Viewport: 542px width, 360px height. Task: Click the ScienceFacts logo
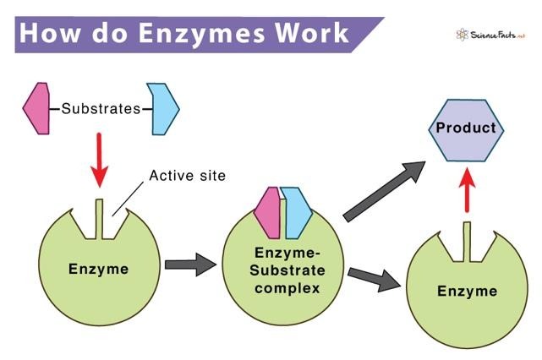[490, 35]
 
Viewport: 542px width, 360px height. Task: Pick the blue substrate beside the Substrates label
[162, 108]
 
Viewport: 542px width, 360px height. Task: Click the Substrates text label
[100, 109]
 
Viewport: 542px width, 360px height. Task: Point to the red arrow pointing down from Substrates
[100, 161]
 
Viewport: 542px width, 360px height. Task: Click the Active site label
[187, 177]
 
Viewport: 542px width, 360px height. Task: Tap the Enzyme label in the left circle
[99, 270]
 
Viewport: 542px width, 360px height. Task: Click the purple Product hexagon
[464, 129]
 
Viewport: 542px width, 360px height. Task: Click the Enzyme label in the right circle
[467, 292]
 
